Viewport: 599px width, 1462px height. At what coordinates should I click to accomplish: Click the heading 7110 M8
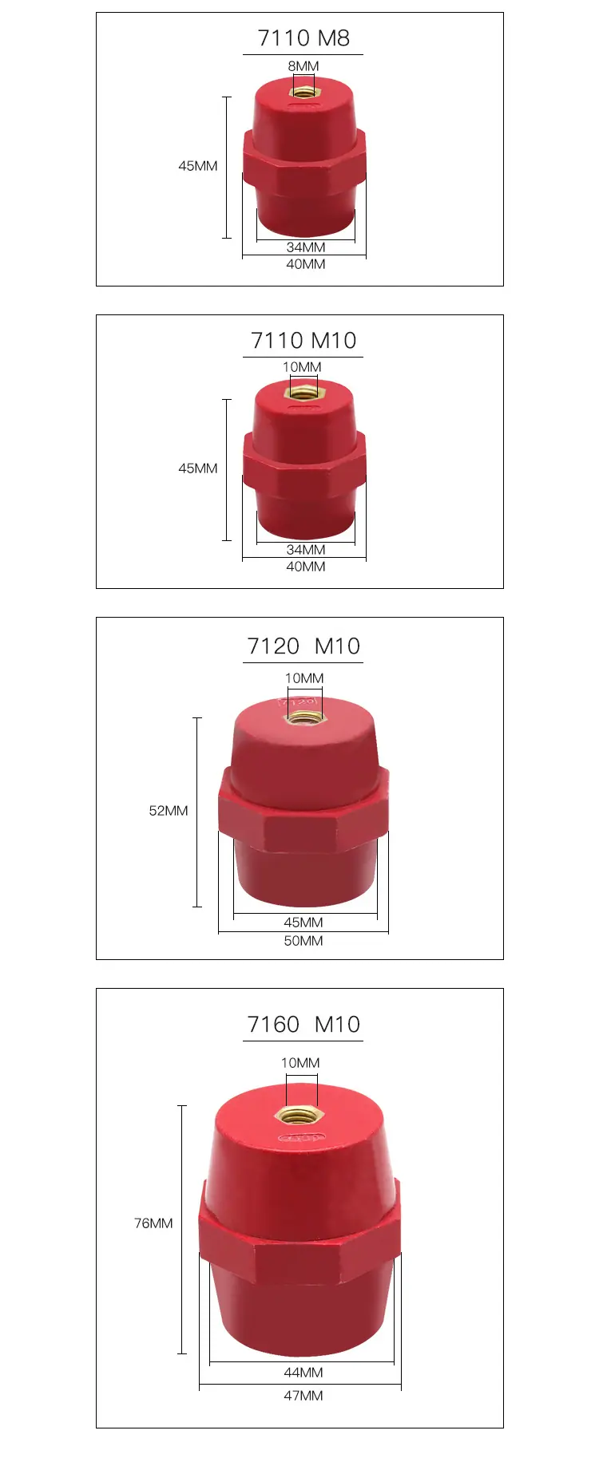pyautogui.click(x=303, y=38)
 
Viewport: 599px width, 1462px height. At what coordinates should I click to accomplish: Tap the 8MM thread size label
pyautogui.click(x=303, y=66)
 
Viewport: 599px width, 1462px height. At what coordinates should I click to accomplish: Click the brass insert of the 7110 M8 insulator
pyautogui.click(x=303, y=91)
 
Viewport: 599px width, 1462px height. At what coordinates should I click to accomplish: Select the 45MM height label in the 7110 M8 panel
pyautogui.click(x=198, y=166)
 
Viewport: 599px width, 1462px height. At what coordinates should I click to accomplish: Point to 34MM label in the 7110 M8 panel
pyautogui.click(x=306, y=247)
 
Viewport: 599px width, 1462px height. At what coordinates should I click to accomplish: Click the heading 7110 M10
pyautogui.click(x=303, y=341)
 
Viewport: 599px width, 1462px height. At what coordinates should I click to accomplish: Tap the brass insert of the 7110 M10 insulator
pyautogui.click(x=303, y=392)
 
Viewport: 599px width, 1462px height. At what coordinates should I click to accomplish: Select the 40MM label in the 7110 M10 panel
pyautogui.click(x=306, y=567)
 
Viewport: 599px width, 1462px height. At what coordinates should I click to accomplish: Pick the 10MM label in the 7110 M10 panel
pyautogui.click(x=302, y=367)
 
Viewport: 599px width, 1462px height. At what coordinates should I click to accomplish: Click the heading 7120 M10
pyautogui.click(x=303, y=646)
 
